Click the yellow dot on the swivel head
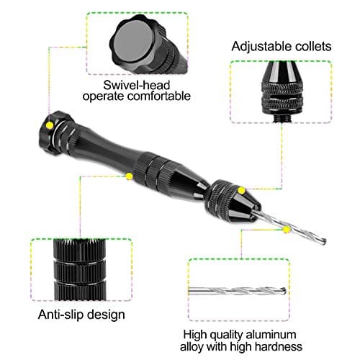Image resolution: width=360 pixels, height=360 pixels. (48, 125)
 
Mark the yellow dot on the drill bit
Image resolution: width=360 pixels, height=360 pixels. (287, 230)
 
